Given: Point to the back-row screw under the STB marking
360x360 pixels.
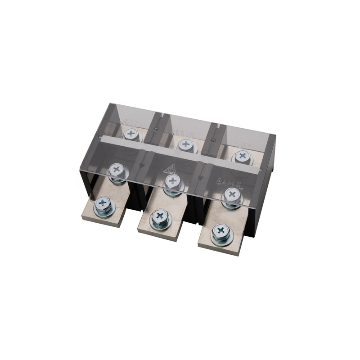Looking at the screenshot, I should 131,133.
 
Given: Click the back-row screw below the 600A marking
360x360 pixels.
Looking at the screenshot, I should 185,144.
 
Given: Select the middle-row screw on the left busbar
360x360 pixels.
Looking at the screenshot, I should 117,170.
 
